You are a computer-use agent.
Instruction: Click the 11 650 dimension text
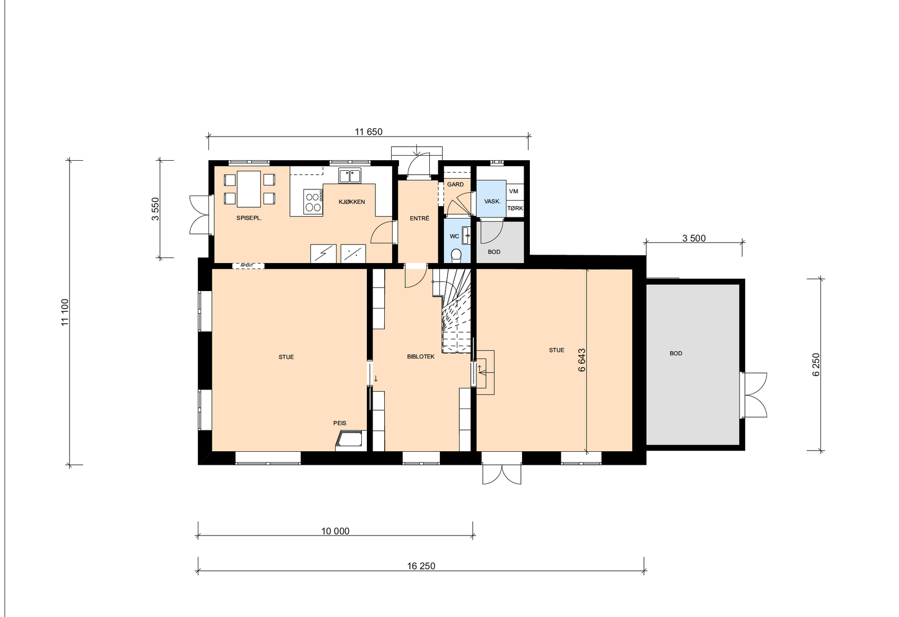tap(368, 132)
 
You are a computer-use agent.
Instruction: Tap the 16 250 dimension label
tap(421, 566)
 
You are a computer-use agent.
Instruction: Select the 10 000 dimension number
tap(335, 531)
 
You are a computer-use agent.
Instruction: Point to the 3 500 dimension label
tap(694, 238)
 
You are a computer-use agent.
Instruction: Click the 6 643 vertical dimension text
tap(582, 360)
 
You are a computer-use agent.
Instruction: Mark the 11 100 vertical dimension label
tap(65, 312)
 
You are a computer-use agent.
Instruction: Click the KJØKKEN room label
tap(352, 202)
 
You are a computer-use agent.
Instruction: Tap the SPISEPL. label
tap(249, 218)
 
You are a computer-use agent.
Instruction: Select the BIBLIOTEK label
tap(421, 357)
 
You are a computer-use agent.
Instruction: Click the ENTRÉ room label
tap(419, 218)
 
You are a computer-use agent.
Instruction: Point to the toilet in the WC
tap(456, 256)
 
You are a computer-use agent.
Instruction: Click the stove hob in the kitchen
tap(313, 202)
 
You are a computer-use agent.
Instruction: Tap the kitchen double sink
tap(349, 176)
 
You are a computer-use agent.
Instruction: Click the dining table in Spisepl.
tap(249, 189)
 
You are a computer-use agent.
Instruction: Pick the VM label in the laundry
tap(514, 192)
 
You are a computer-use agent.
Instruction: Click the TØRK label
tap(515, 208)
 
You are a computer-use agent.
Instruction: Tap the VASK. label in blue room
tap(492, 201)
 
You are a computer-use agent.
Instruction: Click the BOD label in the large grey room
tap(676, 353)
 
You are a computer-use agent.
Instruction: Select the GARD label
tap(455, 184)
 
